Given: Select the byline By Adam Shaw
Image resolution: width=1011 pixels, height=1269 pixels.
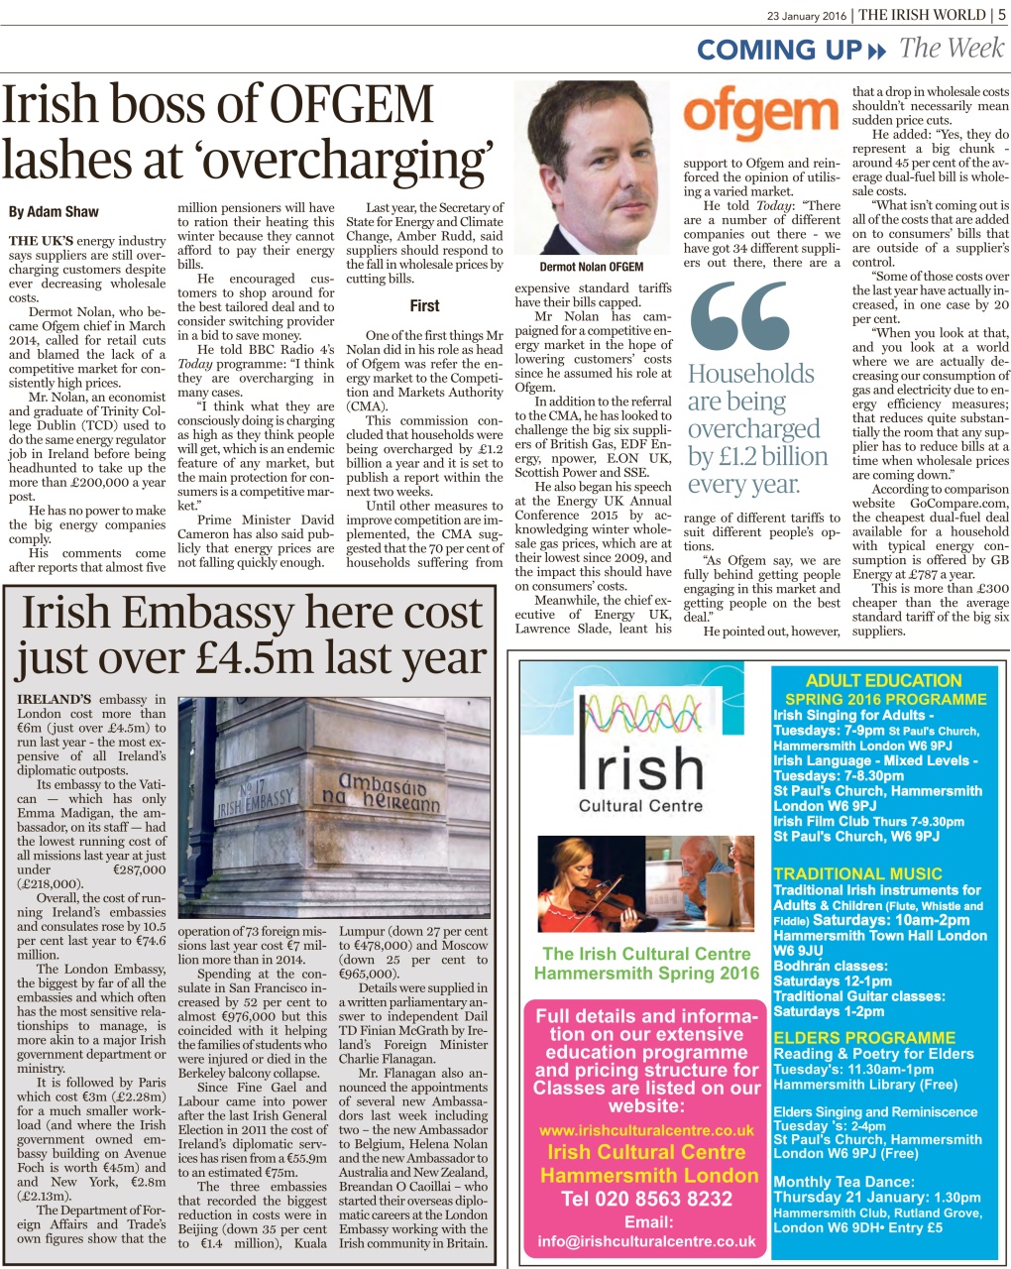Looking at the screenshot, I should click(54, 211).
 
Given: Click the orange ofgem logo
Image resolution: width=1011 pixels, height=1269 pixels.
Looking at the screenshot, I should click(760, 117).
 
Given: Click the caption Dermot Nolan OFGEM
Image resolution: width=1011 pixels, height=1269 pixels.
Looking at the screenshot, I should click(592, 267).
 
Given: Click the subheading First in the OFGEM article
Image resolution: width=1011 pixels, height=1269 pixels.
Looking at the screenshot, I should click(424, 306).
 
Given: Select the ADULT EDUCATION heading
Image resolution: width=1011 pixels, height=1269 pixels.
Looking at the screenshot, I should click(884, 681).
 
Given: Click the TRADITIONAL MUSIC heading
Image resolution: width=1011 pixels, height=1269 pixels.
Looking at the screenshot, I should click(857, 873).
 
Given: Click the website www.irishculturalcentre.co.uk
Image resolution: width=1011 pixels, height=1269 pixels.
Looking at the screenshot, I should click(646, 1130).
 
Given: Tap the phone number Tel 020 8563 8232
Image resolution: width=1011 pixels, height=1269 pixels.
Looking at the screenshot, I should click(647, 1199).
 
